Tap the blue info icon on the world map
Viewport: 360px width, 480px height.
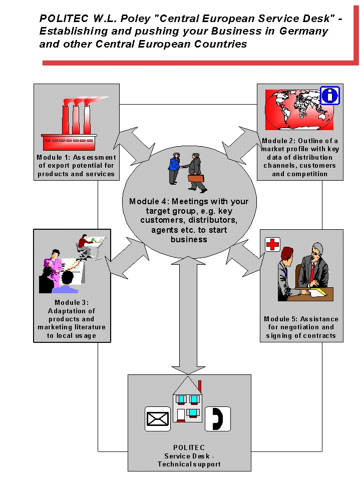[x=329, y=95]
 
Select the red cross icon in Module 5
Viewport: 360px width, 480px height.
[x=272, y=245]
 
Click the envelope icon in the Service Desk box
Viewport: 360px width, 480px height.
[x=157, y=419]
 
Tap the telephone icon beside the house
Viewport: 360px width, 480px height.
[x=218, y=418]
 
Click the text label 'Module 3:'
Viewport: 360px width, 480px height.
[x=72, y=302]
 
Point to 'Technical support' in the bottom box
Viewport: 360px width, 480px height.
[x=189, y=464]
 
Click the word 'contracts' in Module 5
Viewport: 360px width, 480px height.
[x=318, y=335]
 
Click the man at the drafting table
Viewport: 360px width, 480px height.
[x=86, y=246]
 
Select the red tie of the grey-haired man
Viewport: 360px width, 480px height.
[x=312, y=273]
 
